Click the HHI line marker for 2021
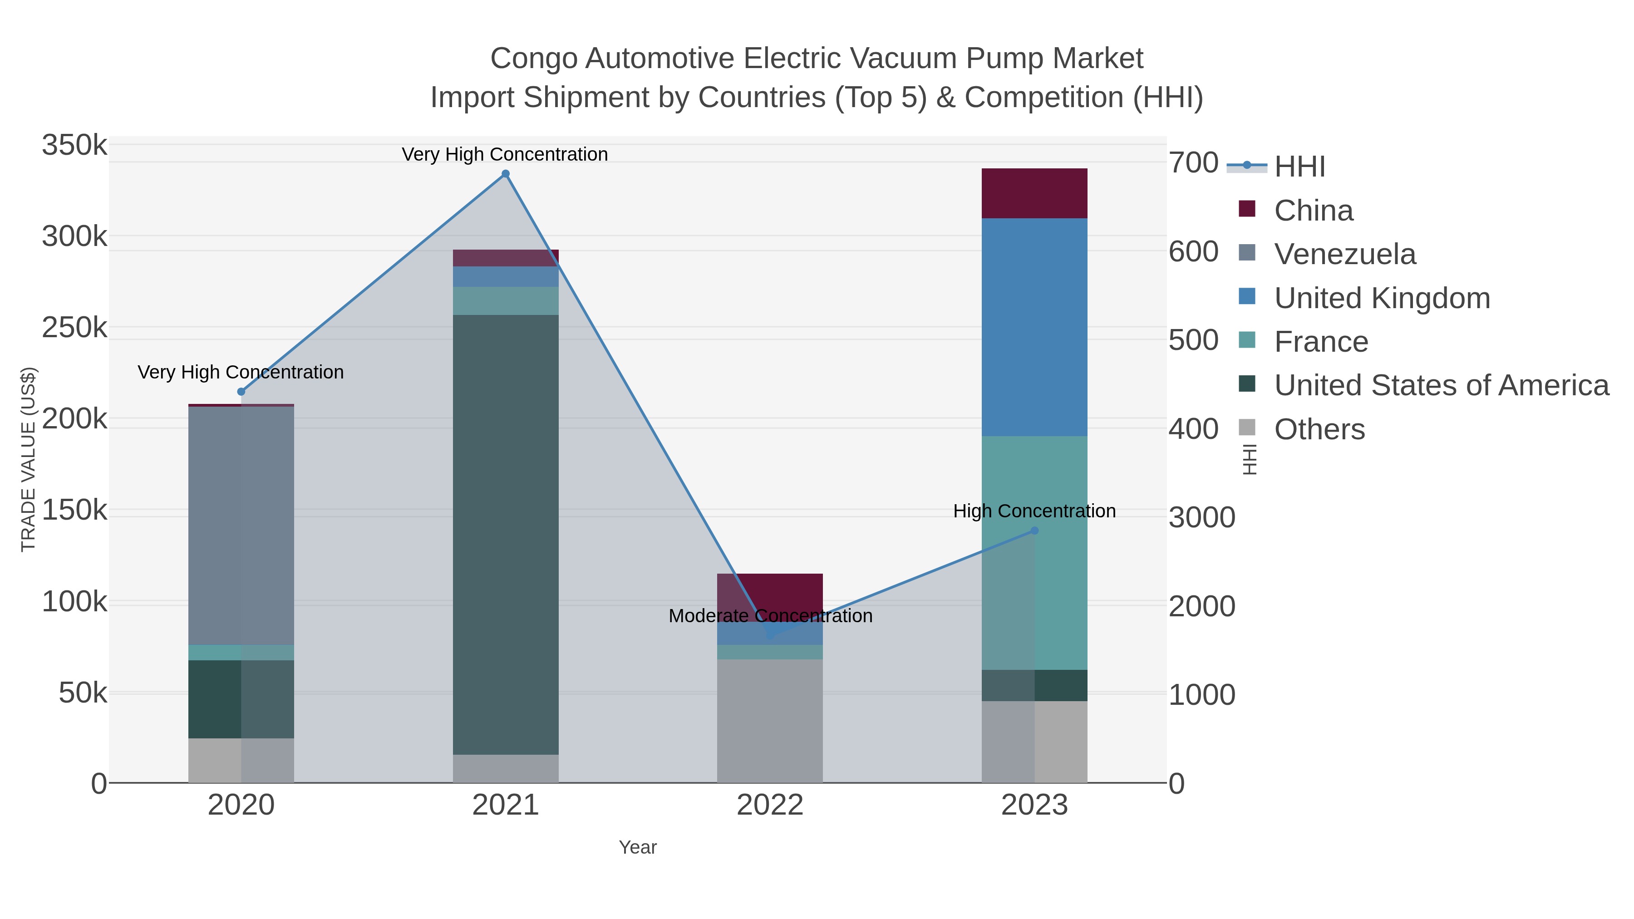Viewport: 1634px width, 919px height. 506,174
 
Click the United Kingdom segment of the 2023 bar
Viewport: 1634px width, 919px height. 1034,327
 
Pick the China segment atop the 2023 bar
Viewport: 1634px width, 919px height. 1034,193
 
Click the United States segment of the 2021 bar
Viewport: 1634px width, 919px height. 506,534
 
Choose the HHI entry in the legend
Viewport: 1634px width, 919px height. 1299,167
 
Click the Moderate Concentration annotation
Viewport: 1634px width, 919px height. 770,616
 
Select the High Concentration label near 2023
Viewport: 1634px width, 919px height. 1034,511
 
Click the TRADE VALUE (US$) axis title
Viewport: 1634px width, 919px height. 29,459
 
